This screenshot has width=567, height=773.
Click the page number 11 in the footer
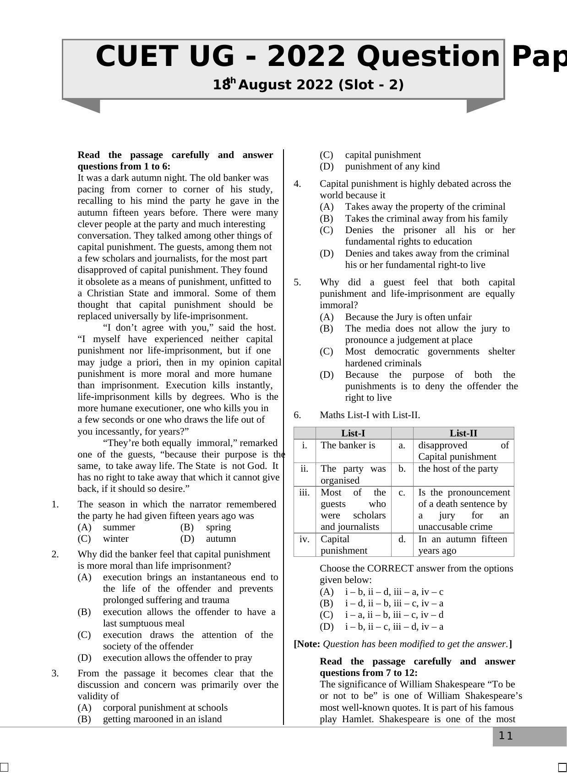point(506,736)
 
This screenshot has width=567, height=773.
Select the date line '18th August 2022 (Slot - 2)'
point(308,85)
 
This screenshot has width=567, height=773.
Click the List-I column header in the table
point(353,433)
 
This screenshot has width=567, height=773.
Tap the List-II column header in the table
point(463,433)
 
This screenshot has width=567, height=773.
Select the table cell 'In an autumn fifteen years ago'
point(463,544)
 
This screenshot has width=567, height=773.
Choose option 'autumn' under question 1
point(221,539)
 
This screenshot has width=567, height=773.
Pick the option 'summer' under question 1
point(119,527)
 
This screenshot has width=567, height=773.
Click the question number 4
point(297,184)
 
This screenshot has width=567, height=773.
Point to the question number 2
point(55,554)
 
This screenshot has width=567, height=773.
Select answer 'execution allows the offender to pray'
point(177,658)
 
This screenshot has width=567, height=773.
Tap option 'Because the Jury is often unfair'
point(408,317)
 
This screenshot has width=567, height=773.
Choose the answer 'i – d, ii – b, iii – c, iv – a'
point(394,603)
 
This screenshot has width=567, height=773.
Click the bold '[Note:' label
point(307,644)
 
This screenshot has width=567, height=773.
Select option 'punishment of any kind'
point(392,166)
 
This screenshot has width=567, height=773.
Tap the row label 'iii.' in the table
point(304,492)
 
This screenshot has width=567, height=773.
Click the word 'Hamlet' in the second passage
point(358,719)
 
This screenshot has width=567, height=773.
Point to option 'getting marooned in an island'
point(162,719)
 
